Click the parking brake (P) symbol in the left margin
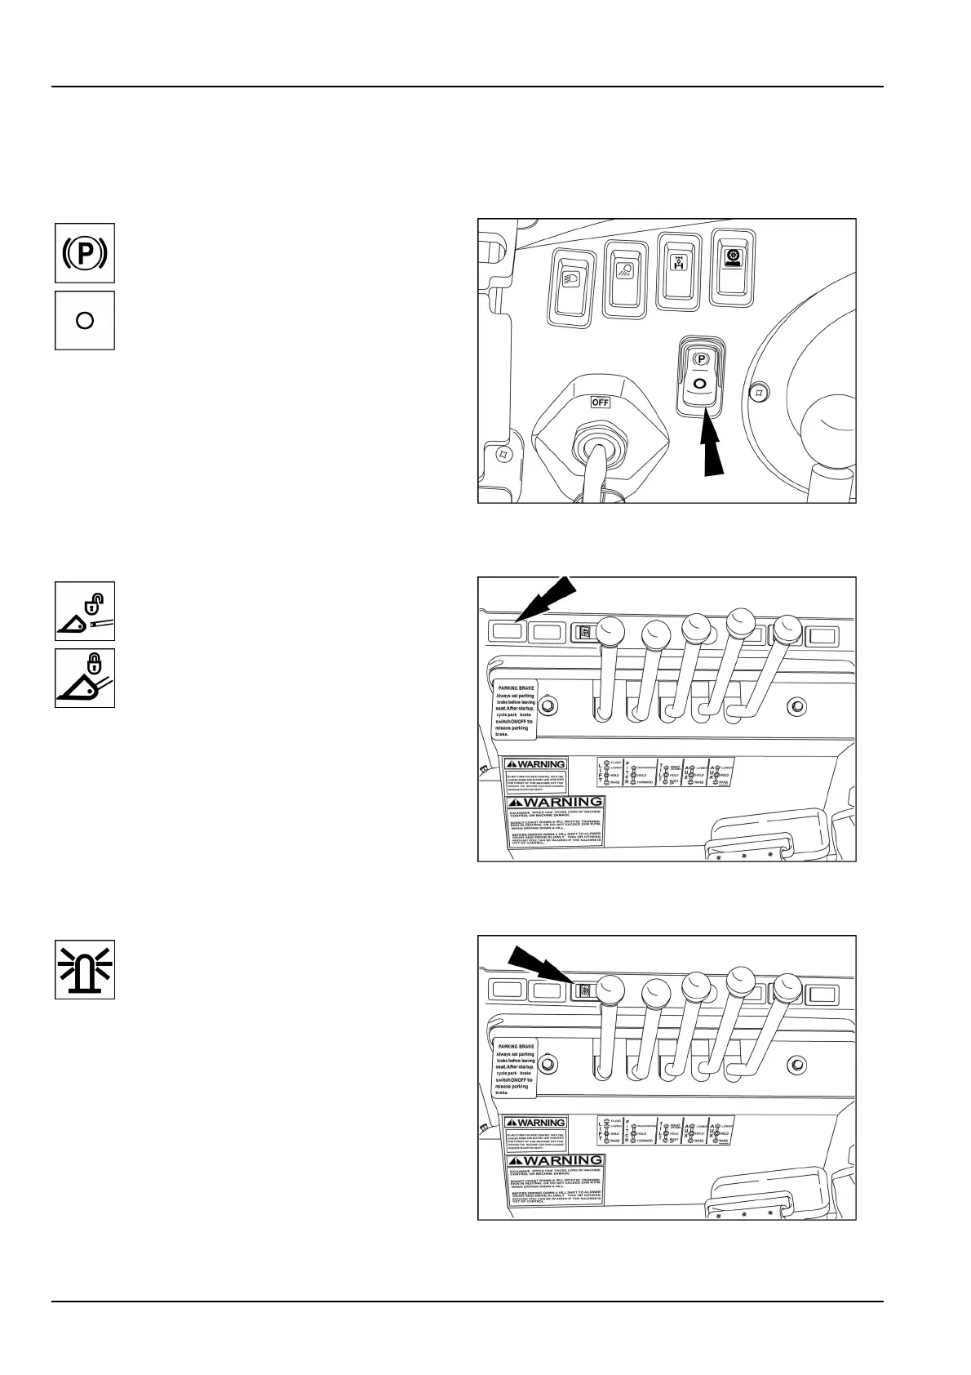tap(85, 253)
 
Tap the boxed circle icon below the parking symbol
tap(85, 320)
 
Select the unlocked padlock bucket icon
tap(85, 612)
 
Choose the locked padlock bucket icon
tap(85, 678)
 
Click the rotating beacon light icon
tap(85, 969)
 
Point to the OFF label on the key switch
tap(600, 402)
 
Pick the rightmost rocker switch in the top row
tap(734, 266)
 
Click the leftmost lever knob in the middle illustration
tap(610, 632)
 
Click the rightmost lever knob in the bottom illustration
tap(787, 987)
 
